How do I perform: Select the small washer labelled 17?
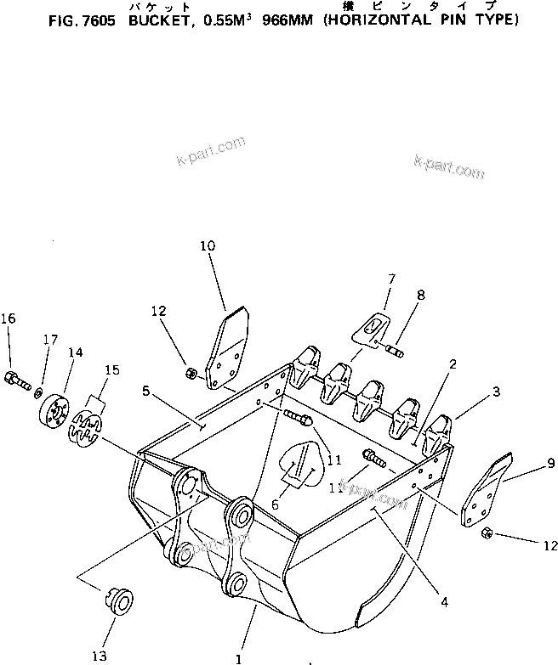coord(39,392)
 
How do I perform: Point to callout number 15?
coord(111,369)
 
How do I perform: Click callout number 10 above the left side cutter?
coord(208,246)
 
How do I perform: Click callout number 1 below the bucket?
coord(239,657)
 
